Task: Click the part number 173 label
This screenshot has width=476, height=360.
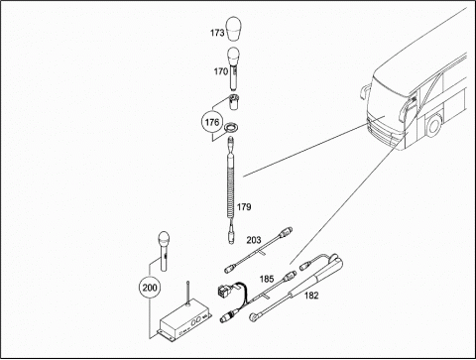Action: click(217, 33)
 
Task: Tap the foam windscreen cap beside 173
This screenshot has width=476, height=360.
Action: click(234, 29)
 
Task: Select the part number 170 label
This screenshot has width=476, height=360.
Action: click(220, 71)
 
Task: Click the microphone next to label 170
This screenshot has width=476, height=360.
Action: click(234, 68)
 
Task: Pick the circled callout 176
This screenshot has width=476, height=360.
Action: click(212, 122)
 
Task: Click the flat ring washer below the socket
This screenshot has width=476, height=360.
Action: click(230, 127)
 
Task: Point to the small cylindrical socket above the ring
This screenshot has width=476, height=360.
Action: click(234, 103)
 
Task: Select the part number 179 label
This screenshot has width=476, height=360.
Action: click(244, 207)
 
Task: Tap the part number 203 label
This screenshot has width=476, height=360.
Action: click(254, 240)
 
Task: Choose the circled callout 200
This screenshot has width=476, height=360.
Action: click(150, 288)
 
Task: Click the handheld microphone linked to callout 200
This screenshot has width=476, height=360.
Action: click(164, 251)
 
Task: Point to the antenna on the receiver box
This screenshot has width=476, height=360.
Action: click(187, 293)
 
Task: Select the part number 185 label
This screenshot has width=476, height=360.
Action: click(267, 280)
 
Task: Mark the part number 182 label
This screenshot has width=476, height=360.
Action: click(311, 296)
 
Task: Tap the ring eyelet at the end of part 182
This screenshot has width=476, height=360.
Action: click(254, 317)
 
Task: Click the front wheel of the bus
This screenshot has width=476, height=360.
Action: click(433, 125)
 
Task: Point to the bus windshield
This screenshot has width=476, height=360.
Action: click(387, 95)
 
